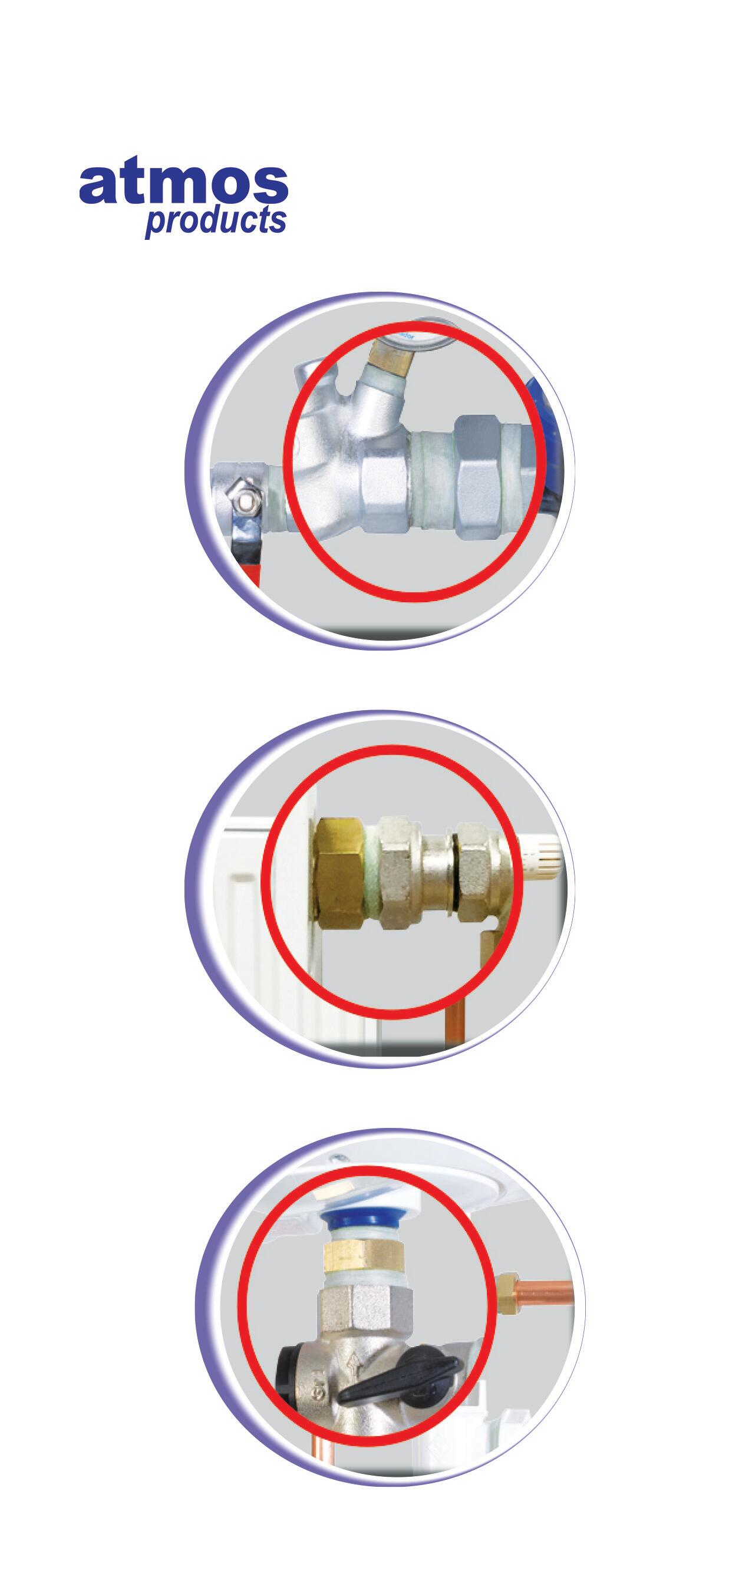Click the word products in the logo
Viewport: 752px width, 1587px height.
tap(216, 221)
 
